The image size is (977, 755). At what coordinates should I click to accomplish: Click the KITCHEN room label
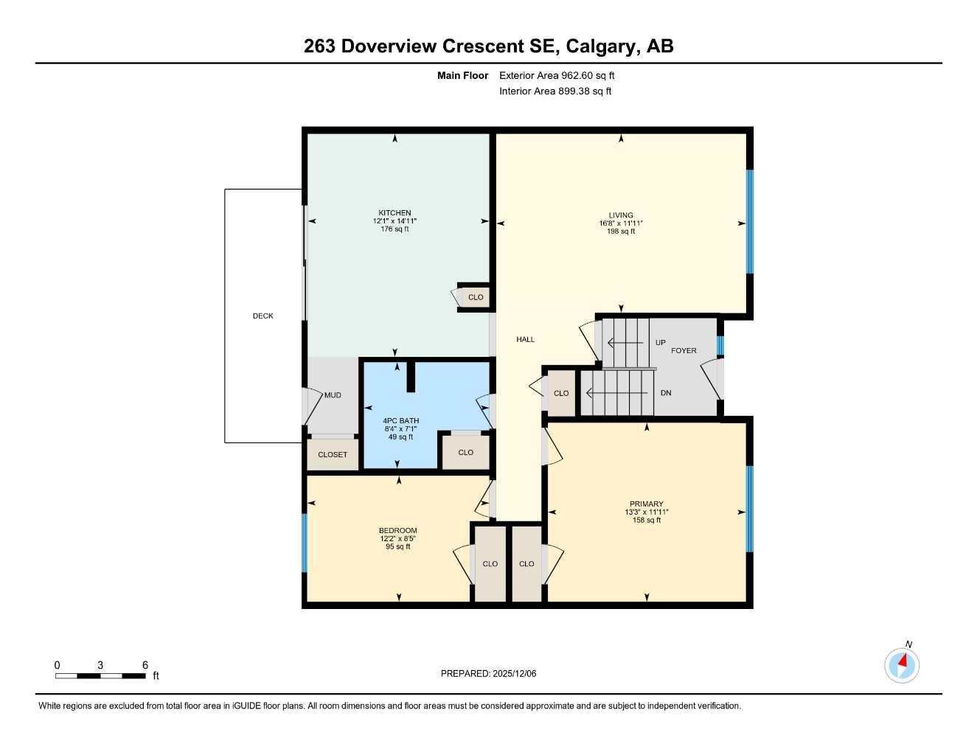394,213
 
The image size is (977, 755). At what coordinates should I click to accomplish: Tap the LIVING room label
621,215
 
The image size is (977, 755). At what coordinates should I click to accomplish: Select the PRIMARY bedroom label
646,504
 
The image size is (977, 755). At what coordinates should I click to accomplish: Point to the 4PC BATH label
401,421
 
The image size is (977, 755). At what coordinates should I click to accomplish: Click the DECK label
263,316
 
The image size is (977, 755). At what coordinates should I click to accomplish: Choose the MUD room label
333,395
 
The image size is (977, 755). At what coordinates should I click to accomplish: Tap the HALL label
525,339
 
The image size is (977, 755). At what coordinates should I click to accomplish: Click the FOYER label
684,350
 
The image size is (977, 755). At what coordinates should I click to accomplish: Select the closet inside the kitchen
476,297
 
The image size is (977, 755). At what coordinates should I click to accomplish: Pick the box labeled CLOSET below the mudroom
333,455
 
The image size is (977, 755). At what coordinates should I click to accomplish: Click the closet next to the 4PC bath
465,453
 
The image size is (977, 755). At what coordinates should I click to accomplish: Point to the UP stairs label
660,343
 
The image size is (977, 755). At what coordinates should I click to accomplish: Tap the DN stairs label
666,393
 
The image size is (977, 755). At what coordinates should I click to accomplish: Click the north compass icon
902,665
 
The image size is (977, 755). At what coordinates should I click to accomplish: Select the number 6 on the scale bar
145,665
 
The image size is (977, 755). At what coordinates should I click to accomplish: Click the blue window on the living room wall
750,222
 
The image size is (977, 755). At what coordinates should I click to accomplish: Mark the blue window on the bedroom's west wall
304,543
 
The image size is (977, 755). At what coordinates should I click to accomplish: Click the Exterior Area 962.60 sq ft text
557,75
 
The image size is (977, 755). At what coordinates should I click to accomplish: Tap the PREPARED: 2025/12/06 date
488,673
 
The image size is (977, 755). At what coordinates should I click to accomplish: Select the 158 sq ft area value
646,521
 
